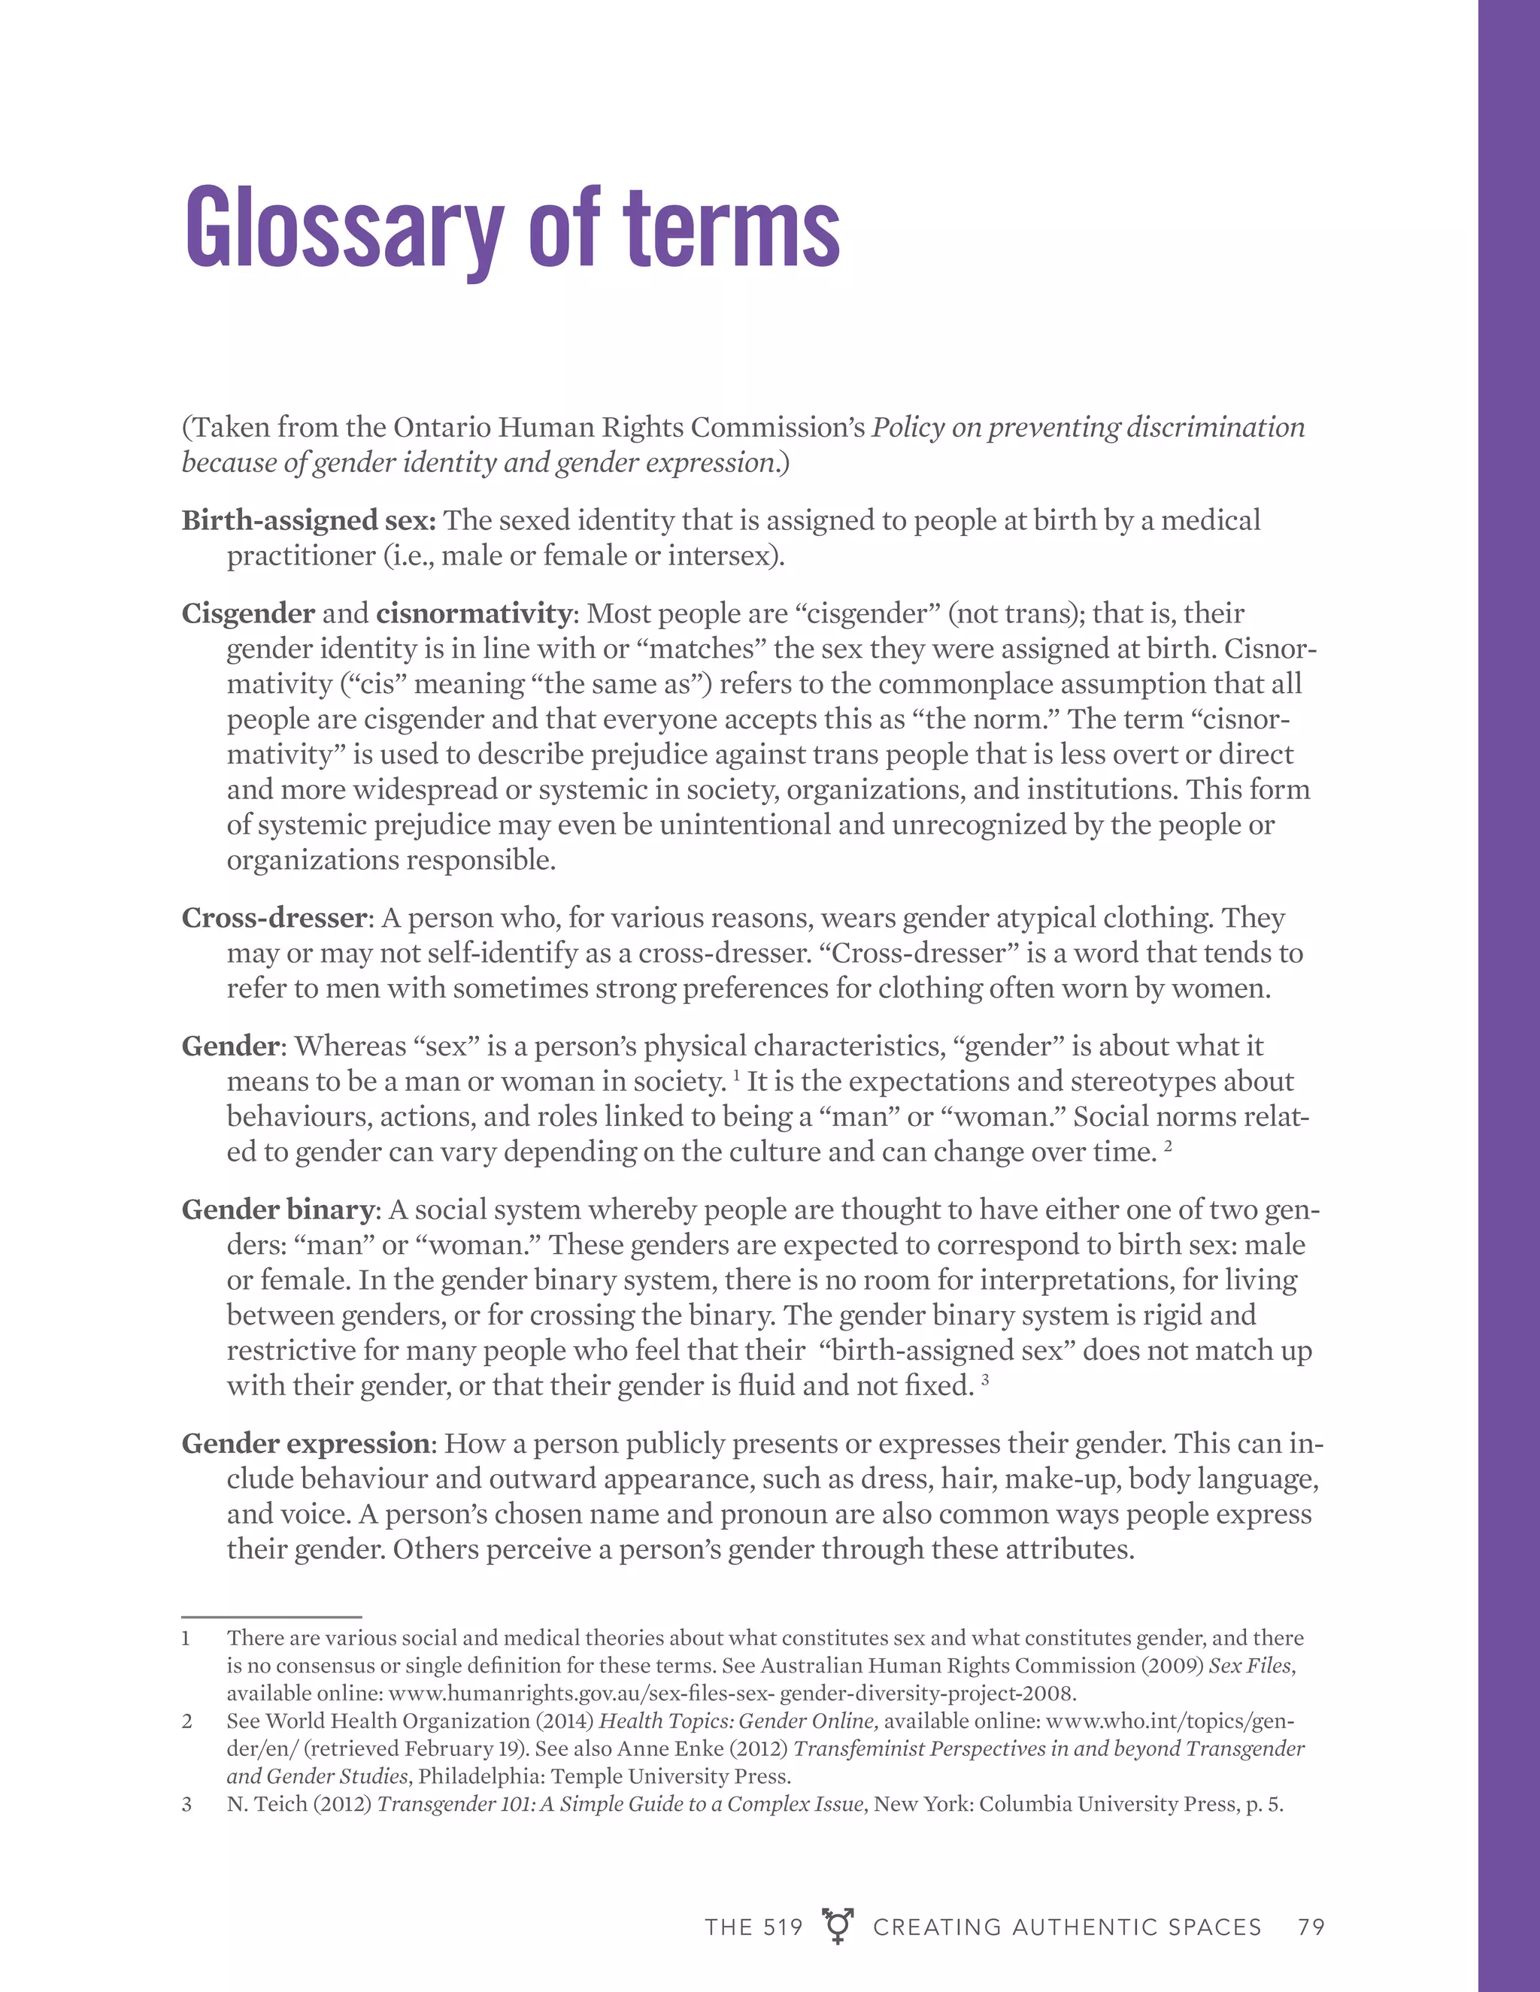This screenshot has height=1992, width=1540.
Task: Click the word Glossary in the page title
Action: pos(343,228)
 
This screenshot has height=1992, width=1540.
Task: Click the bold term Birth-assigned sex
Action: pos(308,520)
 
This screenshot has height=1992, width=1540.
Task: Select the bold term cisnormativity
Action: pos(474,614)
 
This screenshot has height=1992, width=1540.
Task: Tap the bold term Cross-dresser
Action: pos(274,918)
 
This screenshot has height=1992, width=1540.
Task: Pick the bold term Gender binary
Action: pos(277,1209)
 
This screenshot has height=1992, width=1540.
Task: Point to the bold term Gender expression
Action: pos(305,1444)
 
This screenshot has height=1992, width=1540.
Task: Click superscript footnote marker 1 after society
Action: pos(736,1074)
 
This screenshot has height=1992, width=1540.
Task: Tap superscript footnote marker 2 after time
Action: pos(1168,1146)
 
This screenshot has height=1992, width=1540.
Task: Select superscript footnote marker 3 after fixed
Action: pos(985,1379)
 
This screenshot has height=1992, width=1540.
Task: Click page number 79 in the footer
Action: pos(1311,1927)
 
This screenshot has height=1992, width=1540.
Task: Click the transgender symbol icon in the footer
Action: pos(838,1925)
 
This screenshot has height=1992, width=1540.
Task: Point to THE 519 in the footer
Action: pos(753,1927)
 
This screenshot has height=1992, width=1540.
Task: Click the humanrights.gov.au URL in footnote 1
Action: pos(732,1694)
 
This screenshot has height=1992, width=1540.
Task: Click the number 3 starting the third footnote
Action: pos(187,1804)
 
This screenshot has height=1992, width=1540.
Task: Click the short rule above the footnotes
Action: pos(272,1617)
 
